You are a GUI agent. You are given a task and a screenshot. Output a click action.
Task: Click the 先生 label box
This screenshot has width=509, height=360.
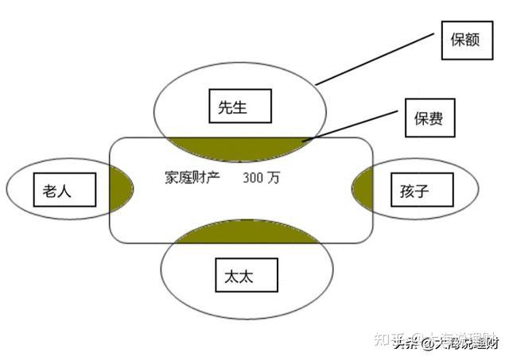pyautogui.click(x=239, y=106)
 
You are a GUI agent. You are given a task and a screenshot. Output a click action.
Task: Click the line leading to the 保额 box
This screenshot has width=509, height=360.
pyautogui.click(x=378, y=57)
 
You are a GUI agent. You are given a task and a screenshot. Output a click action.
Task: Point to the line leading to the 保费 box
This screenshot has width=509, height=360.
pyautogui.click(x=355, y=124)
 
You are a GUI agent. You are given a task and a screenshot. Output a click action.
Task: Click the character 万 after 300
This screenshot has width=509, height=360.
pyautogui.click(x=274, y=178)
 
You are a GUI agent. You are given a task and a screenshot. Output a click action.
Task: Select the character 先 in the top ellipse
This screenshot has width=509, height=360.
pyautogui.click(x=230, y=106)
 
